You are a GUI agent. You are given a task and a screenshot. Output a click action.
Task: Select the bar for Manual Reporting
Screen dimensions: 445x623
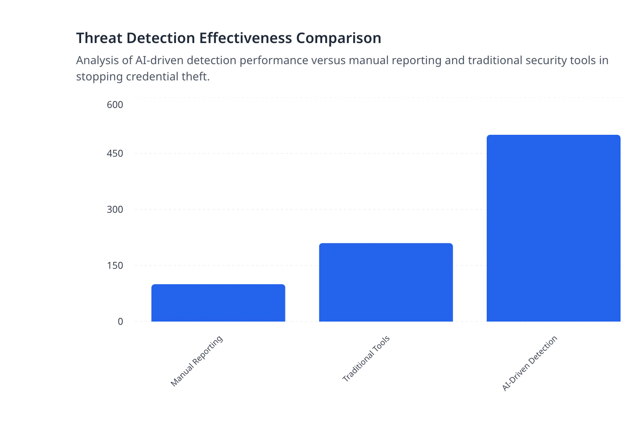(218, 303)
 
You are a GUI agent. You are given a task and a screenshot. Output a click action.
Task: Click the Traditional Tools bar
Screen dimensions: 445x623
(386, 282)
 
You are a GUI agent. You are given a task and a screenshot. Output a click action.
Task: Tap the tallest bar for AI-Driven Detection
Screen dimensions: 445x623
(553, 228)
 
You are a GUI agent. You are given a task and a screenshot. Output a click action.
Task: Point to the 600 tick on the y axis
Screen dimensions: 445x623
(115, 105)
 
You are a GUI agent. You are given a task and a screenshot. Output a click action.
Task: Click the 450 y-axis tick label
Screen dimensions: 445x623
(115, 154)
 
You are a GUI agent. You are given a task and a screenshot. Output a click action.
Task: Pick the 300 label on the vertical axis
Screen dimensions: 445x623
(115, 210)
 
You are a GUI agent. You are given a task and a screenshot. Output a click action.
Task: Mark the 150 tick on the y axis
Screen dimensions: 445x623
(115, 266)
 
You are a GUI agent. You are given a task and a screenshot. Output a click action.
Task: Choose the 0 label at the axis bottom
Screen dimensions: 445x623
(120, 322)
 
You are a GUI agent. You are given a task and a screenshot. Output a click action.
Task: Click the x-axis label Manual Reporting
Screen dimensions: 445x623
(197, 361)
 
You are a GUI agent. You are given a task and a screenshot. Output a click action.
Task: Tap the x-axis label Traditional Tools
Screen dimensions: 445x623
(366, 359)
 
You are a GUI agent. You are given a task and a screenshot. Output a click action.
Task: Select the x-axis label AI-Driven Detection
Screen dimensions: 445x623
(530, 363)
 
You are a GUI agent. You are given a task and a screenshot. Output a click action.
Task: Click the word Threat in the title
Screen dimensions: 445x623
(99, 38)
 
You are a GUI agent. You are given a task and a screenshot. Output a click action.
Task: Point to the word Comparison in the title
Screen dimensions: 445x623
(338, 38)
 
